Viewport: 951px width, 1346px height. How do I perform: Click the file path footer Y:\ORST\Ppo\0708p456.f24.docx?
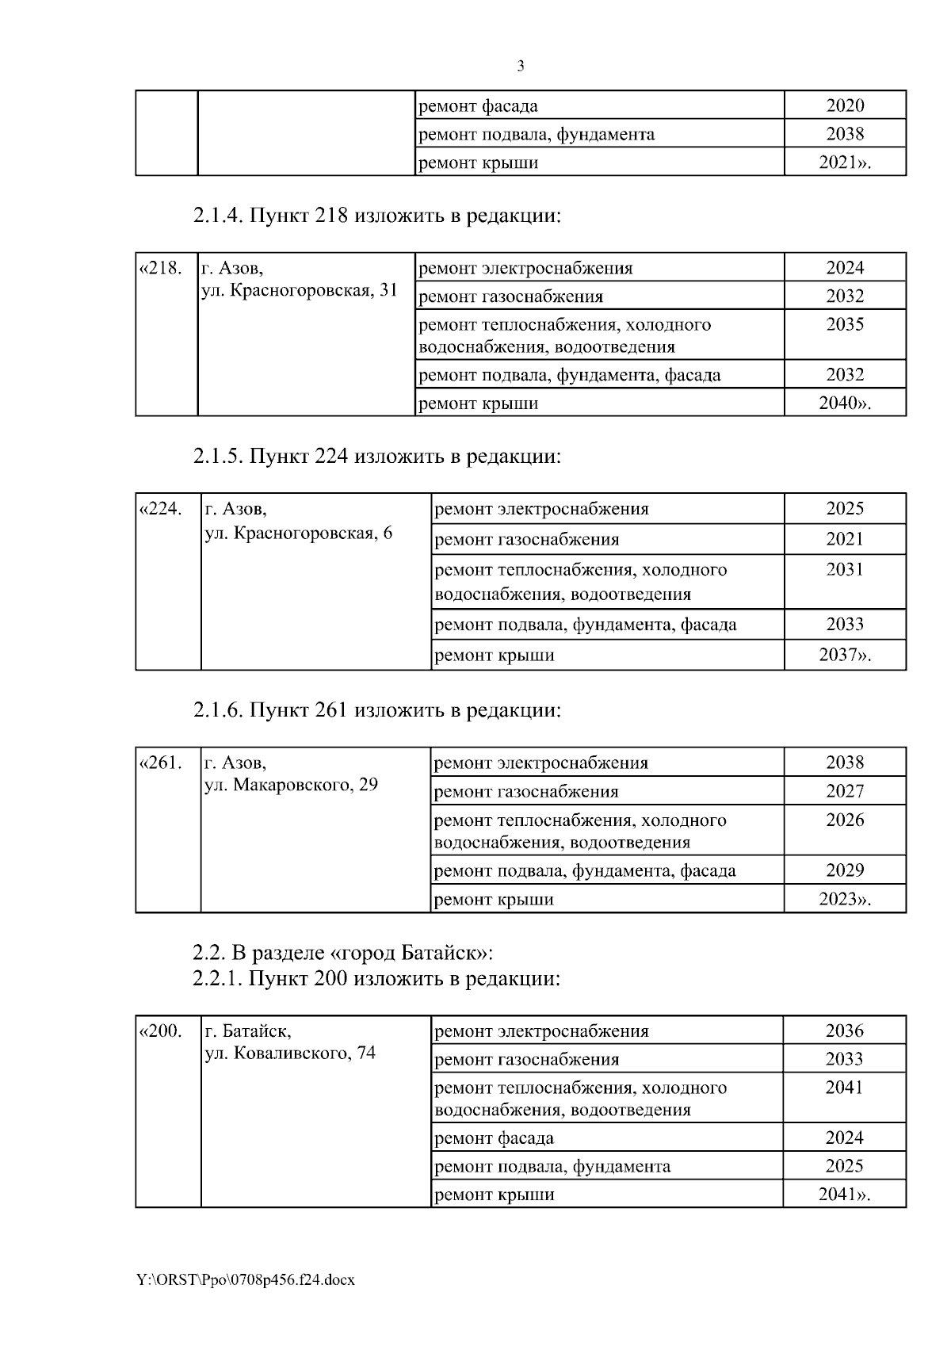pyautogui.click(x=246, y=1279)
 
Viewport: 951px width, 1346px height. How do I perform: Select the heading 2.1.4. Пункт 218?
pyautogui.click(x=376, y=216)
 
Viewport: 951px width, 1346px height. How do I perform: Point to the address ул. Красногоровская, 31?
pyautogui.click(x=299, y=291)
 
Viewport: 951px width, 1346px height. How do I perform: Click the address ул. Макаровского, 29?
pyautogui.click(x=291, y=786)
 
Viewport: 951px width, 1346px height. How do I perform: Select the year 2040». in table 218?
pyautogui.click(x=845, y=403)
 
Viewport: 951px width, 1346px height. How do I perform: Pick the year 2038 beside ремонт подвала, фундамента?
pyautogui.click(x=845, y=134)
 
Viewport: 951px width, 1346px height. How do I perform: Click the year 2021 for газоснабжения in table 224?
pyautogui.click(x=845, y=539)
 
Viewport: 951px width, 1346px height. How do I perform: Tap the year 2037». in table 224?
pyautogui.click(x=845, y=655)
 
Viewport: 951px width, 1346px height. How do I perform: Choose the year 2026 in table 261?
pyautogui.click(x=845, y=820)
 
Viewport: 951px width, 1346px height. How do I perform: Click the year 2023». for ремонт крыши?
pyautogui.click(x=845, y=899)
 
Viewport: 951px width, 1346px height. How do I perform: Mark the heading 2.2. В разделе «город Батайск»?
pyautogui.click(x=348, y=951)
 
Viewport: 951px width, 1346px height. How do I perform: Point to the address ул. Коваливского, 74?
pyautogui.click(x=290, y=1053)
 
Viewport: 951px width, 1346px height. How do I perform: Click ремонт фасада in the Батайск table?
pyautogui.click(x=495, y=1138)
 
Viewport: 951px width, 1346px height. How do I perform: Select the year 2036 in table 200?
pyautogui.click(x=844, y=1031)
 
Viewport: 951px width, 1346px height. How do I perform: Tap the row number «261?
pyautogui.click(x=161, y=763)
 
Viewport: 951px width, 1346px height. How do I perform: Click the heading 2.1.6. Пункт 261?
pyautogui.click(x=376, y=710)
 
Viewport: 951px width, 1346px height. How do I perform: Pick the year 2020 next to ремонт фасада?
pyautogui.click(x=845, y=105)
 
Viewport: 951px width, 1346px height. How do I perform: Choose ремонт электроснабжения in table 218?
pyautogui.click(x=525, y=268)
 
